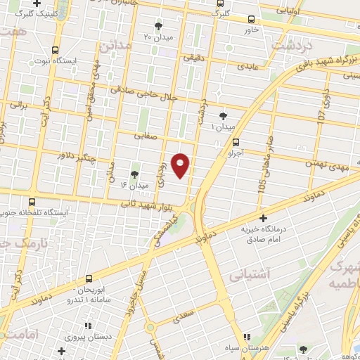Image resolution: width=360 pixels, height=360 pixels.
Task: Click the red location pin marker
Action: click(x=181, y=165)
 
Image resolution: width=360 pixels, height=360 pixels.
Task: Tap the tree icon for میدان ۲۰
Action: click(x=157, y=26)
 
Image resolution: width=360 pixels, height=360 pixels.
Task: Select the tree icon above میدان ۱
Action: click(x=224, y=115)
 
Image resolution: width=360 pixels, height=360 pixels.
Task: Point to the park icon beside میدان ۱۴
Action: click(x=134, y=173)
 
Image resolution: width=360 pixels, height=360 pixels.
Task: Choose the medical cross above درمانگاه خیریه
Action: click(x=263, y=219)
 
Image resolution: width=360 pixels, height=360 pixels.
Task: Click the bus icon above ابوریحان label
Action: click(x=89, y=279)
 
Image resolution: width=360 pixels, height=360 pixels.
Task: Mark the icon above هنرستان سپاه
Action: click(x=246, y=337)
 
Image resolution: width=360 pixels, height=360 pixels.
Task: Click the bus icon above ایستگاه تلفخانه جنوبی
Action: click(x=32, y=201)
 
